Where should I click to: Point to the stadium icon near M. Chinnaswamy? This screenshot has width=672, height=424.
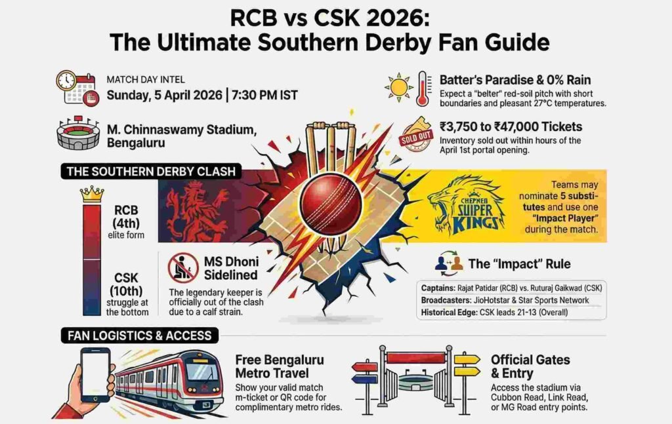tap(77, 134)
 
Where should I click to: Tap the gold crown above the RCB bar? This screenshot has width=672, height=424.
tap(92, 194)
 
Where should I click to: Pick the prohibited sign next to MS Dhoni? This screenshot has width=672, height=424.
tap(183, 268)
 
